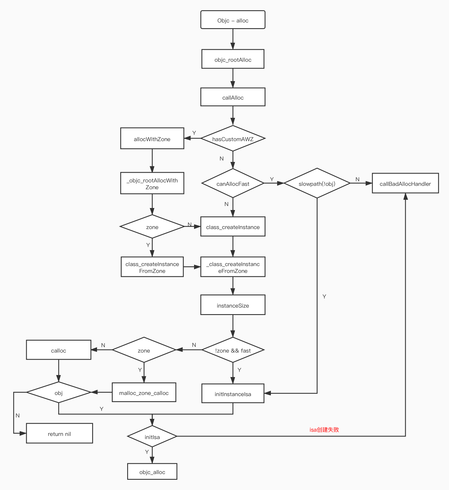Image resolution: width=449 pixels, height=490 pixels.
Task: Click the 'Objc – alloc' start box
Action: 233,20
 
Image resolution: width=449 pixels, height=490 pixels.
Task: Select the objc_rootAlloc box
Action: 233,59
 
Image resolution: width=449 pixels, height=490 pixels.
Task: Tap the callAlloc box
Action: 233,97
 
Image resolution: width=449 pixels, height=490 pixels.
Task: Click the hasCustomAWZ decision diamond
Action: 233,139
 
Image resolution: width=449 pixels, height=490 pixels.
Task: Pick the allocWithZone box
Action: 152,139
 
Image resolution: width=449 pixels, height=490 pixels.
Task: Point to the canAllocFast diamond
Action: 233,183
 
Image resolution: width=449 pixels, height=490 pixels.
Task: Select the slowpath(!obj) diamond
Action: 317,183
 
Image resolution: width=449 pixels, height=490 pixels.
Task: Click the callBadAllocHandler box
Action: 405,183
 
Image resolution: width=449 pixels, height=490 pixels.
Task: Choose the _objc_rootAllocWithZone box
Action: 152,183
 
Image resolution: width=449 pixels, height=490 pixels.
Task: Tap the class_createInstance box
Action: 233,227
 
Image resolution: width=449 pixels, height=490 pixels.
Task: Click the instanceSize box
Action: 233,305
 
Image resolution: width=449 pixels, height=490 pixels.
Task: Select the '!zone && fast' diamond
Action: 233,350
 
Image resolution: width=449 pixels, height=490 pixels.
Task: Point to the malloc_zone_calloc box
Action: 144,392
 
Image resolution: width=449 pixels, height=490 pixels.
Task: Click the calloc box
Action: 59,350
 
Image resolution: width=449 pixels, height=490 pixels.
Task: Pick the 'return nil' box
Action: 59,433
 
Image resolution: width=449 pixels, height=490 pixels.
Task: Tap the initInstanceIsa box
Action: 233,394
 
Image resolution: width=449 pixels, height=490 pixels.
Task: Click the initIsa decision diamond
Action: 152,437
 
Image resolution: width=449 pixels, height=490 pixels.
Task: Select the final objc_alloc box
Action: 152,472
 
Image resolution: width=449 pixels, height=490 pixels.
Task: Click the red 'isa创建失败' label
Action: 324,430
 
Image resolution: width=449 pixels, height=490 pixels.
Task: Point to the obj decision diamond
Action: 59,392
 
